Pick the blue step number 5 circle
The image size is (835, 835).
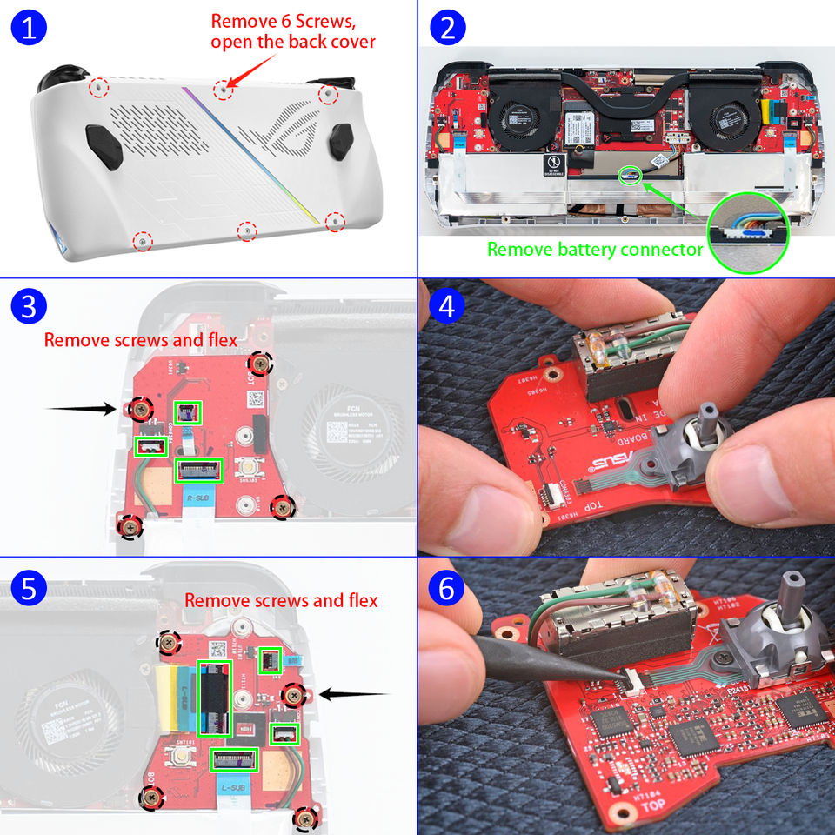click(29, 588)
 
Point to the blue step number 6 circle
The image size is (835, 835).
click(447, 588)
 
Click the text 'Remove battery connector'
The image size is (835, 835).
click(594, 250)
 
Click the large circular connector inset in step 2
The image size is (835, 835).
click(747, 232)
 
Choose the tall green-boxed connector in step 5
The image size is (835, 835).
click(214, 698)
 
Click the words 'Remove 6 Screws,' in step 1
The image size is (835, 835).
click(283, 21)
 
